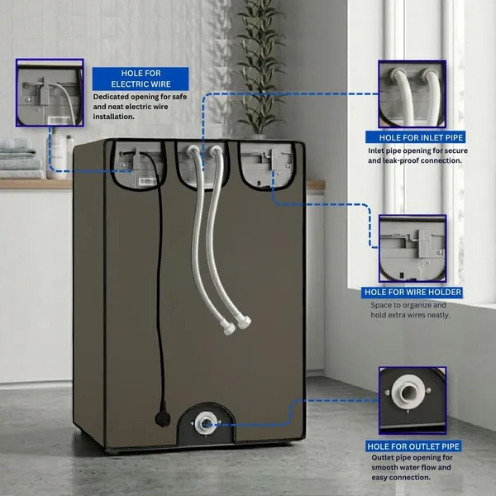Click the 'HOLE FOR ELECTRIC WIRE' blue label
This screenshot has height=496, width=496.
pyautogui.click(x=141, y=79)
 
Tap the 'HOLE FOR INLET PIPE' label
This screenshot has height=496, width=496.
pyautogui.click(x=415, y=137)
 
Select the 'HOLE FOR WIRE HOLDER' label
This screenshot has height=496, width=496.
pyautogui.click(x=412, y=292)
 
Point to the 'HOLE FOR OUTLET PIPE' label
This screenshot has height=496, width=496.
pyautogui.click(x=413, y=446)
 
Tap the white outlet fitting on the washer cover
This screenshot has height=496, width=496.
pyautogui.click(x=206, y=423)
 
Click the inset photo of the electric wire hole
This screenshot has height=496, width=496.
pyautogui.click(x=50, y=93)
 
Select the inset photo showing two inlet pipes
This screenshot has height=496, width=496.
pyautogui.click(x=413, y=94)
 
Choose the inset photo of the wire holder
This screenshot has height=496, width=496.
pyautogui.click(x=413, y=249)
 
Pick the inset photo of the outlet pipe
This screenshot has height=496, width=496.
pyautogui.click(x=413, y=400)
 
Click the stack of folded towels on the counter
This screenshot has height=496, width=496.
pyautogui.click(x=21, y=159)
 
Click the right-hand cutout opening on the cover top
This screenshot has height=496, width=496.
pyautogui.click(x=268, y=166)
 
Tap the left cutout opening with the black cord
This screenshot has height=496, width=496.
pyautogui.click(x=138, y=166)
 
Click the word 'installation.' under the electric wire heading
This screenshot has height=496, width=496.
pyautogui.click(x=113, y=117)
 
